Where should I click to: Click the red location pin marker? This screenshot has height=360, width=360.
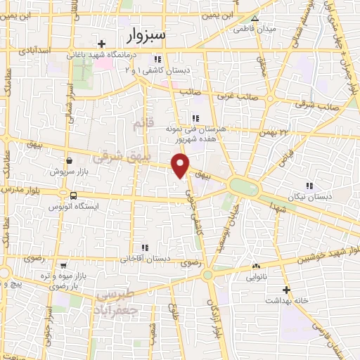coord(181,165)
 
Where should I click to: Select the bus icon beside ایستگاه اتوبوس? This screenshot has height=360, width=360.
coord(74,195)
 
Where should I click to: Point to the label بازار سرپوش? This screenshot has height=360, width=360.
coord(69,171)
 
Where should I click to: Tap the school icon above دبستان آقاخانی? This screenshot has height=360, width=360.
coord(145,247)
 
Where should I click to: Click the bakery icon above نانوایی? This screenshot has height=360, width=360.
coord(256,266)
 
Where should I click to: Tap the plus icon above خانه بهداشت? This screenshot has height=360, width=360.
coord(285,290)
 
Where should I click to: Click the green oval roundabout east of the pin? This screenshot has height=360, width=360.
coord(243,186)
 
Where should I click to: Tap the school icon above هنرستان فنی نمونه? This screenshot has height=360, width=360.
coord(194,118)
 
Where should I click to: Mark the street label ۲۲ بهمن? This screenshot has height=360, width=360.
coord(294,131)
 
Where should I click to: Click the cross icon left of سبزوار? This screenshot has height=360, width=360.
coord(102,44)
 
